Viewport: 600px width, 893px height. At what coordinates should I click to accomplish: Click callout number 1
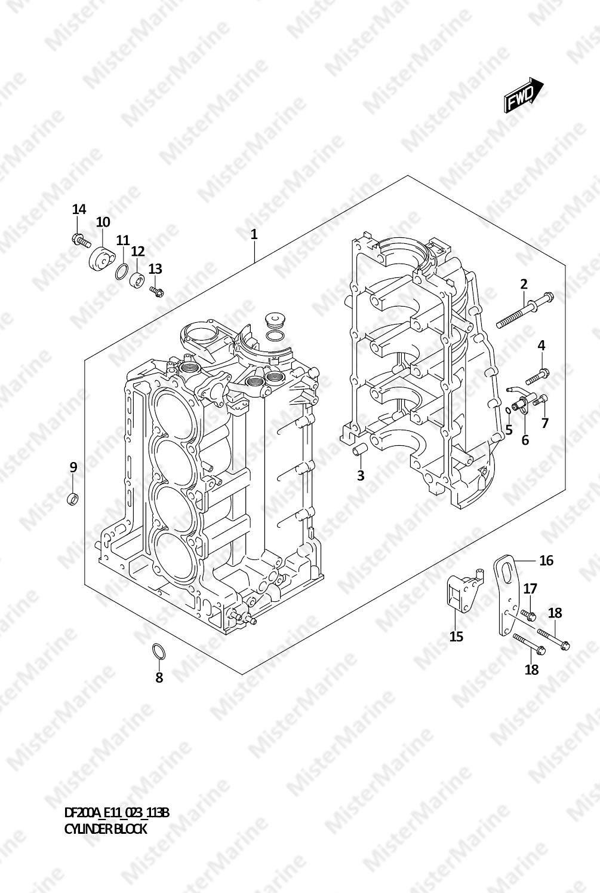(254, 234)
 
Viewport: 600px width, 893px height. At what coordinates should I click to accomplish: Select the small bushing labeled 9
(72, 499)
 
